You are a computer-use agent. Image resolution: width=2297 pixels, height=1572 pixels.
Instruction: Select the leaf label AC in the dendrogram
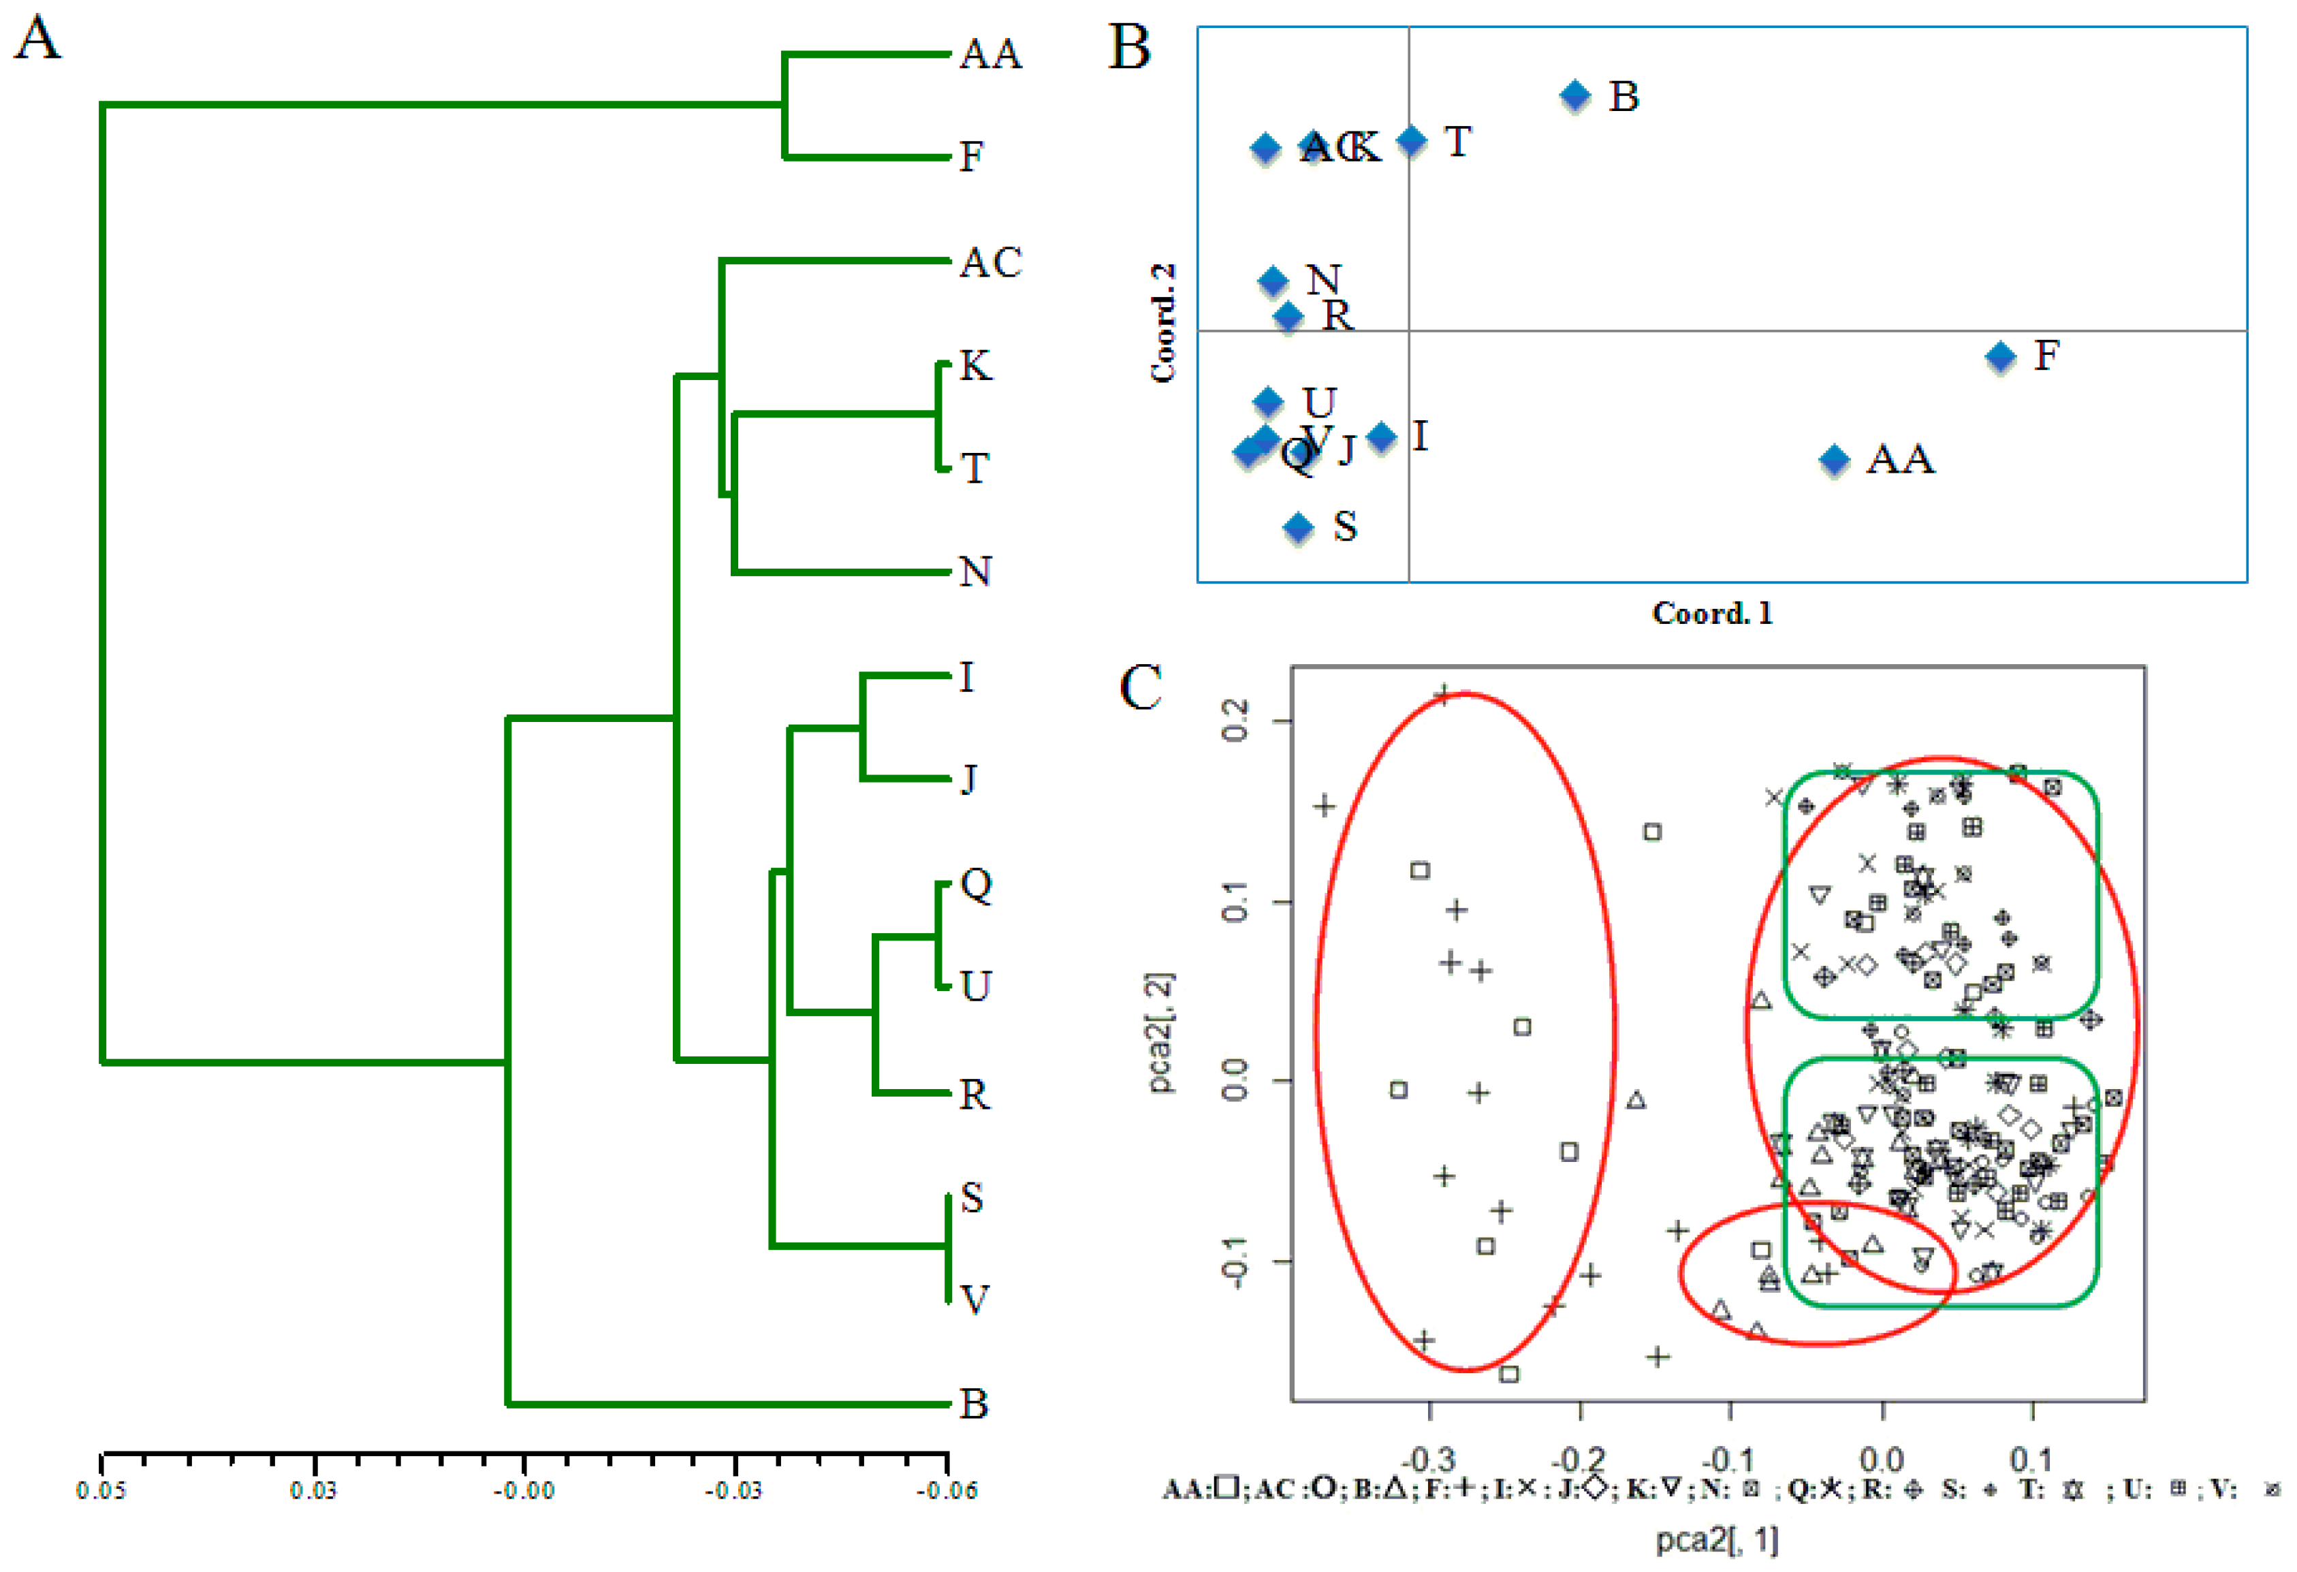(x=990, y=263)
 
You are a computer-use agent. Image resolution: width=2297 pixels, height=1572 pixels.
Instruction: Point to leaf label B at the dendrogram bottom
(x=975, y=1404)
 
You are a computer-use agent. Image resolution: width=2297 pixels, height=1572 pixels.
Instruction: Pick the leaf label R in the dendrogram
(x=975, y=1095)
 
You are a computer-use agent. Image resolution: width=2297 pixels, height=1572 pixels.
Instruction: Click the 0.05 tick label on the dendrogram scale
(x=101, y=1490)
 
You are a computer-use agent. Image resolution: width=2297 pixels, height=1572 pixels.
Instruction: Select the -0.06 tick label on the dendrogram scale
(x=946, y=1490)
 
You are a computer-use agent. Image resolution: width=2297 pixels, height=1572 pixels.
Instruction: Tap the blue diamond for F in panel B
(x=2001, y=357)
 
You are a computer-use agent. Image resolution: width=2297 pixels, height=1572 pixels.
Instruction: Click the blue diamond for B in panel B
(x=1575, y=96)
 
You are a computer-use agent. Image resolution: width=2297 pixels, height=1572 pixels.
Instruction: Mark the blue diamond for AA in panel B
(x=1835, y=460)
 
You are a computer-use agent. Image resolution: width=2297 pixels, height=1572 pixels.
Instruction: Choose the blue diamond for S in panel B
(x=1299, y=527)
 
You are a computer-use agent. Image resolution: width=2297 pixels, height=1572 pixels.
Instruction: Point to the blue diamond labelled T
(x=1412, y=140)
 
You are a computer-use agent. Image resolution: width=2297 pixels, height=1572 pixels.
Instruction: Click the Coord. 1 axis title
(x=1712, y=614)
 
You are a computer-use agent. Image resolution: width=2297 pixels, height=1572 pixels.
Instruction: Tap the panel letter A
(x=37, y=40)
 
